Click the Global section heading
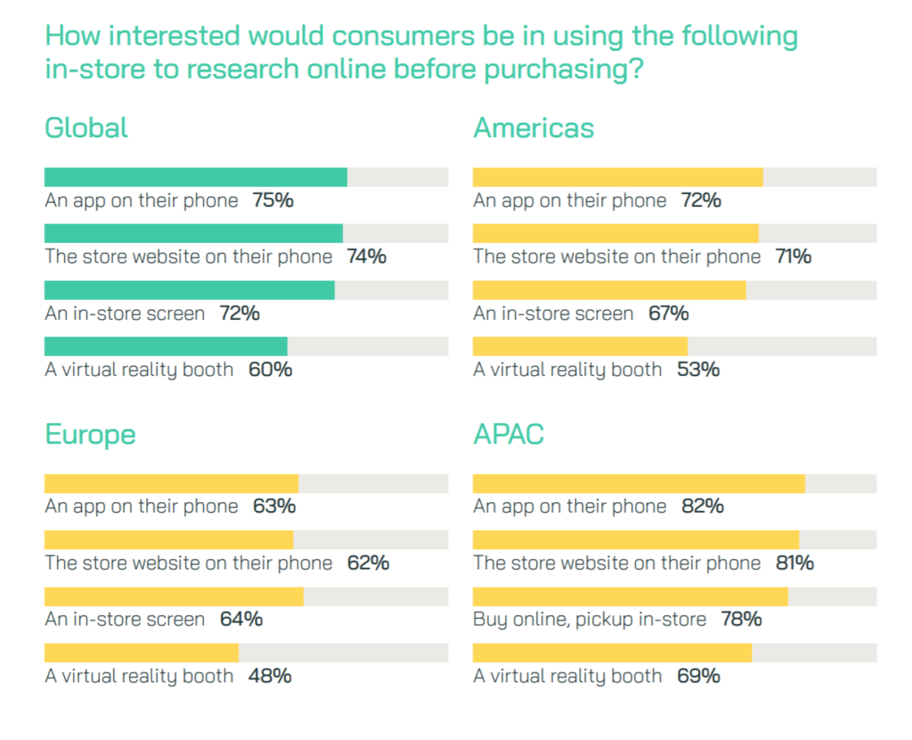(86, 128)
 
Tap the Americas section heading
(533, 128)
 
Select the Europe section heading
(90, 435)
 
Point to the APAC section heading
(509, 435)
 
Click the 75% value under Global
(273, 200)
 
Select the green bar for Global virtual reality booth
(166, 346)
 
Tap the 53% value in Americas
(698, 370)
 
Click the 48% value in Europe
(270, 676)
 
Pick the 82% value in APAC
(702, 507)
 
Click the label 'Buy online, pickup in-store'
(590, 620)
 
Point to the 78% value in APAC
(740, 620)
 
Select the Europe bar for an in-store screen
(174, 597)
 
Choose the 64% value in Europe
(240, 620)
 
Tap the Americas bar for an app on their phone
(617, 177)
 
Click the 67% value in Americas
(668, 313)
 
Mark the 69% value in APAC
(698, 676)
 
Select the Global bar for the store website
(193, 233)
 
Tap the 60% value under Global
(270, 370)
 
